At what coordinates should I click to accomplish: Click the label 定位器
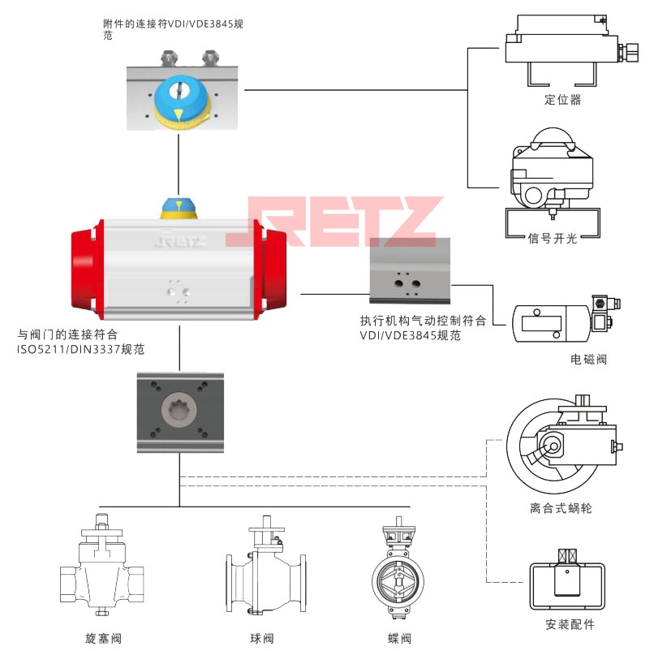pos(563,100)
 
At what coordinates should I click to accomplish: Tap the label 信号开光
pos(553,238)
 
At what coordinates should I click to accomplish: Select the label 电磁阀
pos(588,359)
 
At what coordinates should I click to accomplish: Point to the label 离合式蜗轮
pos(561,508)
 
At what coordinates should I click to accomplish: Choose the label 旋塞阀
pos(103,638)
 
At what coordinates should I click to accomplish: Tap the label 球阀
pos(263,638)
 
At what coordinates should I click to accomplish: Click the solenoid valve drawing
pos(563,323)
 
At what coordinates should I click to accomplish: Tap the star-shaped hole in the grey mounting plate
pos(179,411)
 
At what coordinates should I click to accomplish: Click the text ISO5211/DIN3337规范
pos(87,347)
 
